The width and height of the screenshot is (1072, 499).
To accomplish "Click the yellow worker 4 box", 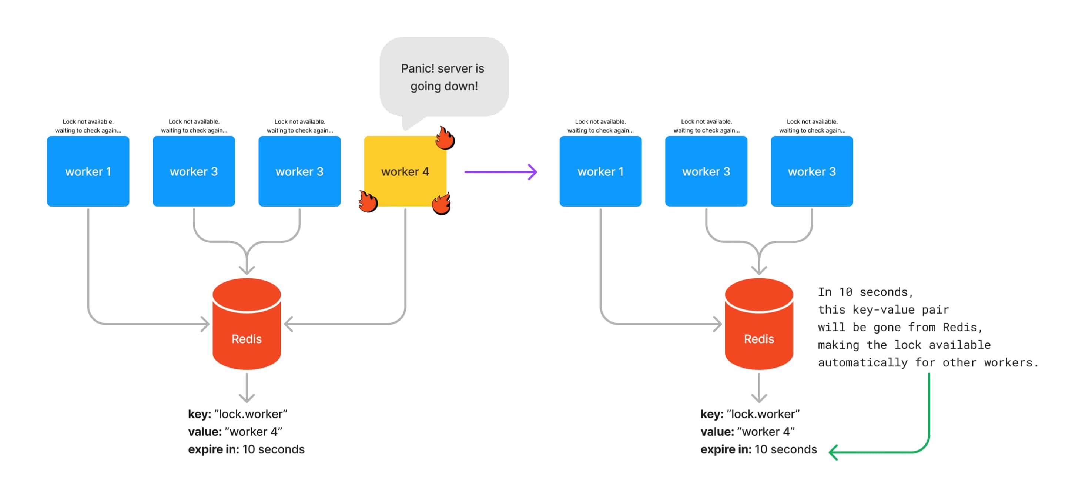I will (405, 171).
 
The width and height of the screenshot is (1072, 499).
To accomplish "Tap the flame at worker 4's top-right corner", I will (445, 138).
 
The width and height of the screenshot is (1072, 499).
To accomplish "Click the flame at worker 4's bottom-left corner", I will (368, 201).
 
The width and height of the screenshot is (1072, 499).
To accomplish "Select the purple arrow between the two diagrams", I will (500, 171).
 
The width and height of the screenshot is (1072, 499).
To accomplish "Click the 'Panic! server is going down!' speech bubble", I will (443, 77).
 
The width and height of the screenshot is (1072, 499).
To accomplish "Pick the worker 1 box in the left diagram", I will (88, 171).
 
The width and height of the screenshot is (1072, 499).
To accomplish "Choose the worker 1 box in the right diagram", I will (600, 171).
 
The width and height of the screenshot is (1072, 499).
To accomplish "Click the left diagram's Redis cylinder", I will (247, 325).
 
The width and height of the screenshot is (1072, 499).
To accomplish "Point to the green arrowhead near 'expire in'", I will (834, 452).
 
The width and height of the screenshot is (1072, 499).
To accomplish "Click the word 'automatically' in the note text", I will (862, 362).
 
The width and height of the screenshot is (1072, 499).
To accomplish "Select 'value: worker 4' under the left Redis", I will (235, 432).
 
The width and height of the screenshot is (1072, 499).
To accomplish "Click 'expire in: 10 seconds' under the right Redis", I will (758, 449).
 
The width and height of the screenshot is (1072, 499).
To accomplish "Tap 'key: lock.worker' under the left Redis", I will (238, 414).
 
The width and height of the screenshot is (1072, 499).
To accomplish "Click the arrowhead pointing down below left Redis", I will (247, 398).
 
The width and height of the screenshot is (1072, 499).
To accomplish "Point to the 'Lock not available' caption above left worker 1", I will (88, 126).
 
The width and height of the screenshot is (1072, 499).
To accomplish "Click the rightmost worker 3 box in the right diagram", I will (811, 171).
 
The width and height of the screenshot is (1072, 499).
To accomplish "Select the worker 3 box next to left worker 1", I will (194, 171).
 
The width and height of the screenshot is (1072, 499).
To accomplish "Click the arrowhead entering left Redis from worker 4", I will (288, 324).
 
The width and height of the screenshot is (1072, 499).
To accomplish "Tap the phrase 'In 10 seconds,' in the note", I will (865, 292).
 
